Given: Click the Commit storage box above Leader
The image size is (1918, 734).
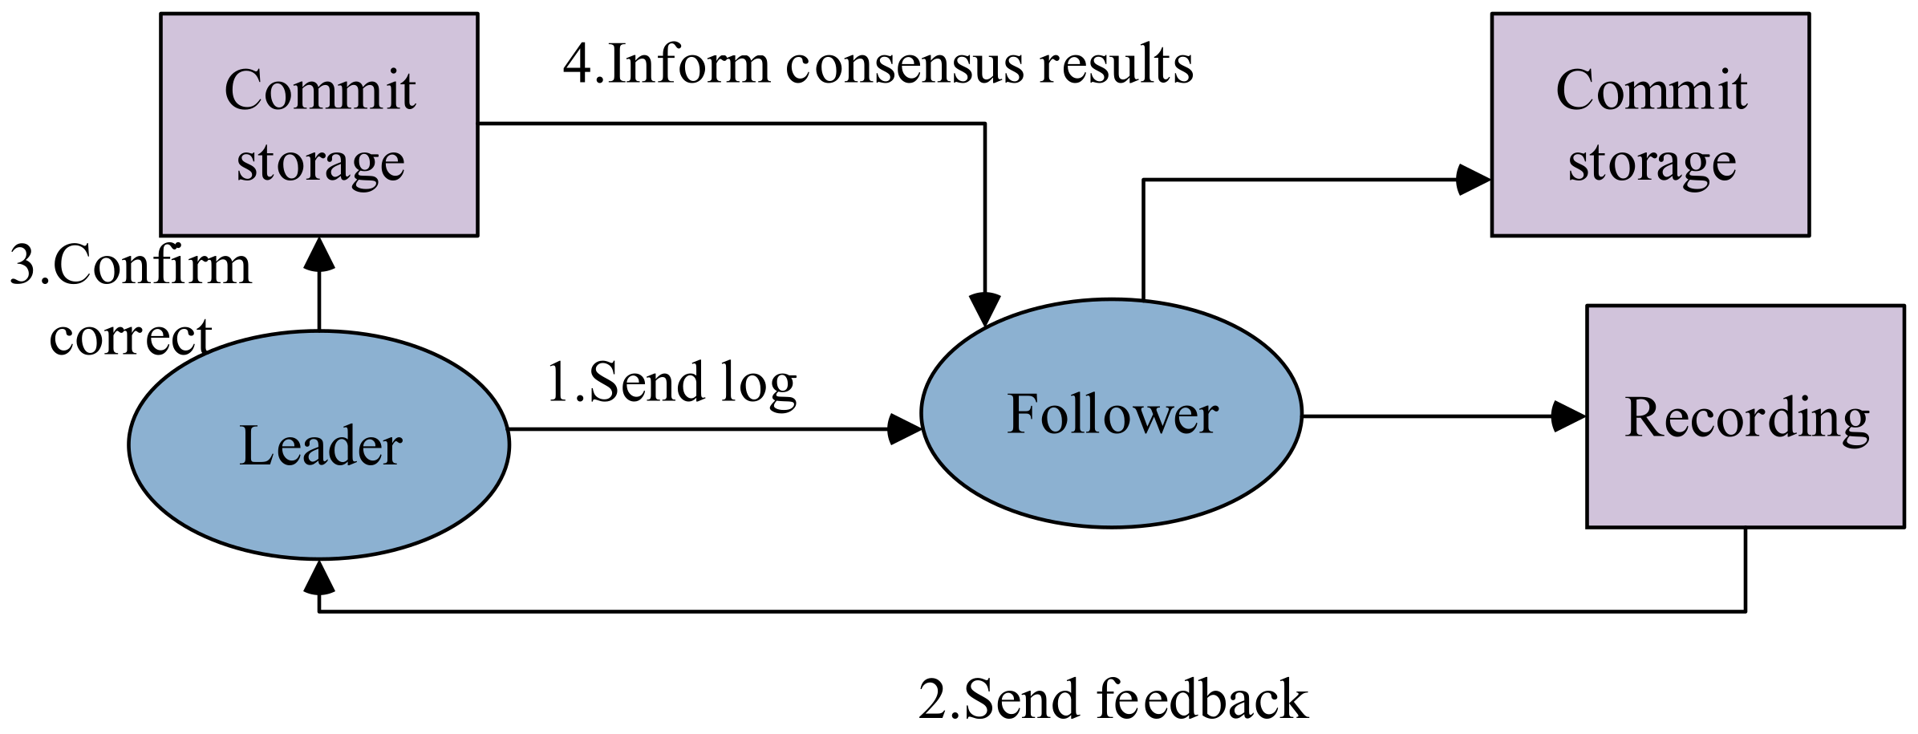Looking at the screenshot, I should pos(319,124).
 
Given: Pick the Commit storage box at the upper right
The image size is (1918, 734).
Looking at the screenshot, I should pos(1650,124).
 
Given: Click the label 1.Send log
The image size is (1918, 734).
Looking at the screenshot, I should pos(671,383).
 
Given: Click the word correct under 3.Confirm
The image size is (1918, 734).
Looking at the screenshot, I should pos(130,337).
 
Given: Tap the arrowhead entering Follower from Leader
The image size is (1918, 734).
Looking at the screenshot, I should pos(905,429).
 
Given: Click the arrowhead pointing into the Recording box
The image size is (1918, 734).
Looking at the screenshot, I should pos(1568,416).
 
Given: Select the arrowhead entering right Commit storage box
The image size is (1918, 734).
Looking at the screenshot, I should pos(1473,180).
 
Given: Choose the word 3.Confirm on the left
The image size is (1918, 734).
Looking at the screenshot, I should pos(130,266).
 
